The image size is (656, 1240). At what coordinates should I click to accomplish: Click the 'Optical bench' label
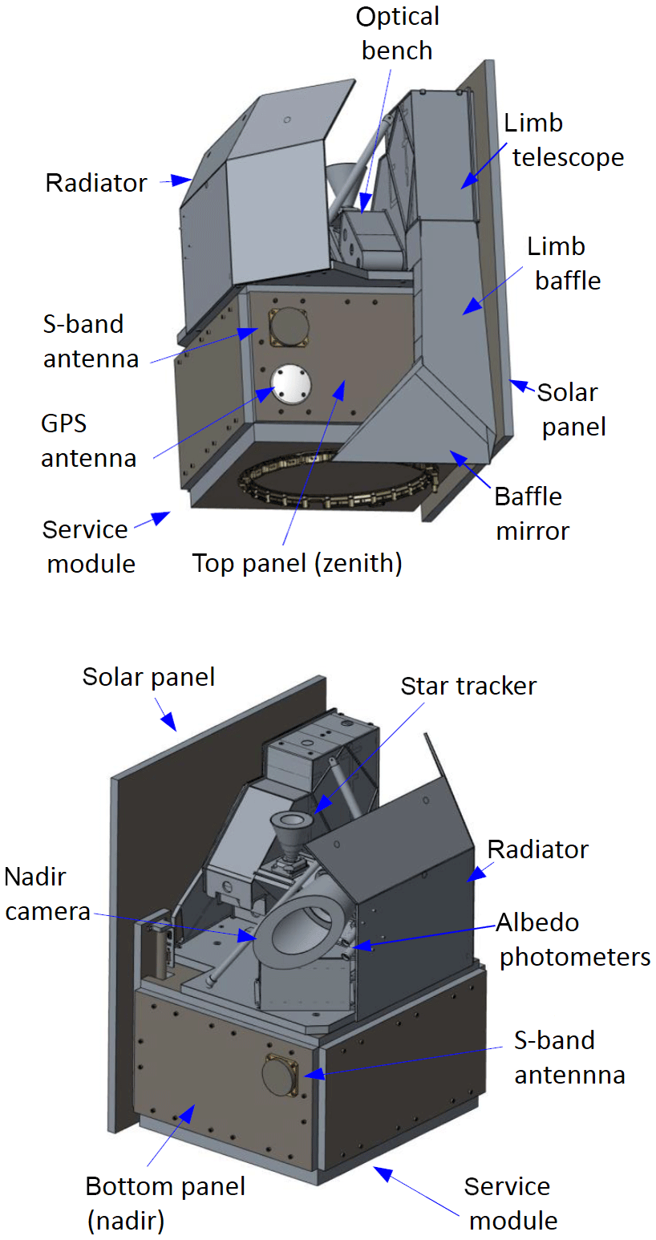coord(397,34)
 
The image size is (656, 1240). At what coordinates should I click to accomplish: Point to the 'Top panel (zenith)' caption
coord(297,563)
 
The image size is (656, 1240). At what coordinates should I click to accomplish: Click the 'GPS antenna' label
coord(88,441)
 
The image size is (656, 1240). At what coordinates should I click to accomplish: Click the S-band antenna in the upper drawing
coord(287,327)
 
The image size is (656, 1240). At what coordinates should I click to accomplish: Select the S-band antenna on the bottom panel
coord(281,1075)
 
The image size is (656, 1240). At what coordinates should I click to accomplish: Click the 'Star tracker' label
coord(468,687)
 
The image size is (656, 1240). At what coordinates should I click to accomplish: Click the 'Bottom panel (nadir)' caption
coord(165,1203)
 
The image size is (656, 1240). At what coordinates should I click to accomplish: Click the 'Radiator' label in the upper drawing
coord(96,183)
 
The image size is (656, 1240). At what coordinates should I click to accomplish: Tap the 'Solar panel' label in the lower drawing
coord(148,677)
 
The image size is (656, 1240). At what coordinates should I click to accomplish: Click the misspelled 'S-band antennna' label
coord(568,1057)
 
